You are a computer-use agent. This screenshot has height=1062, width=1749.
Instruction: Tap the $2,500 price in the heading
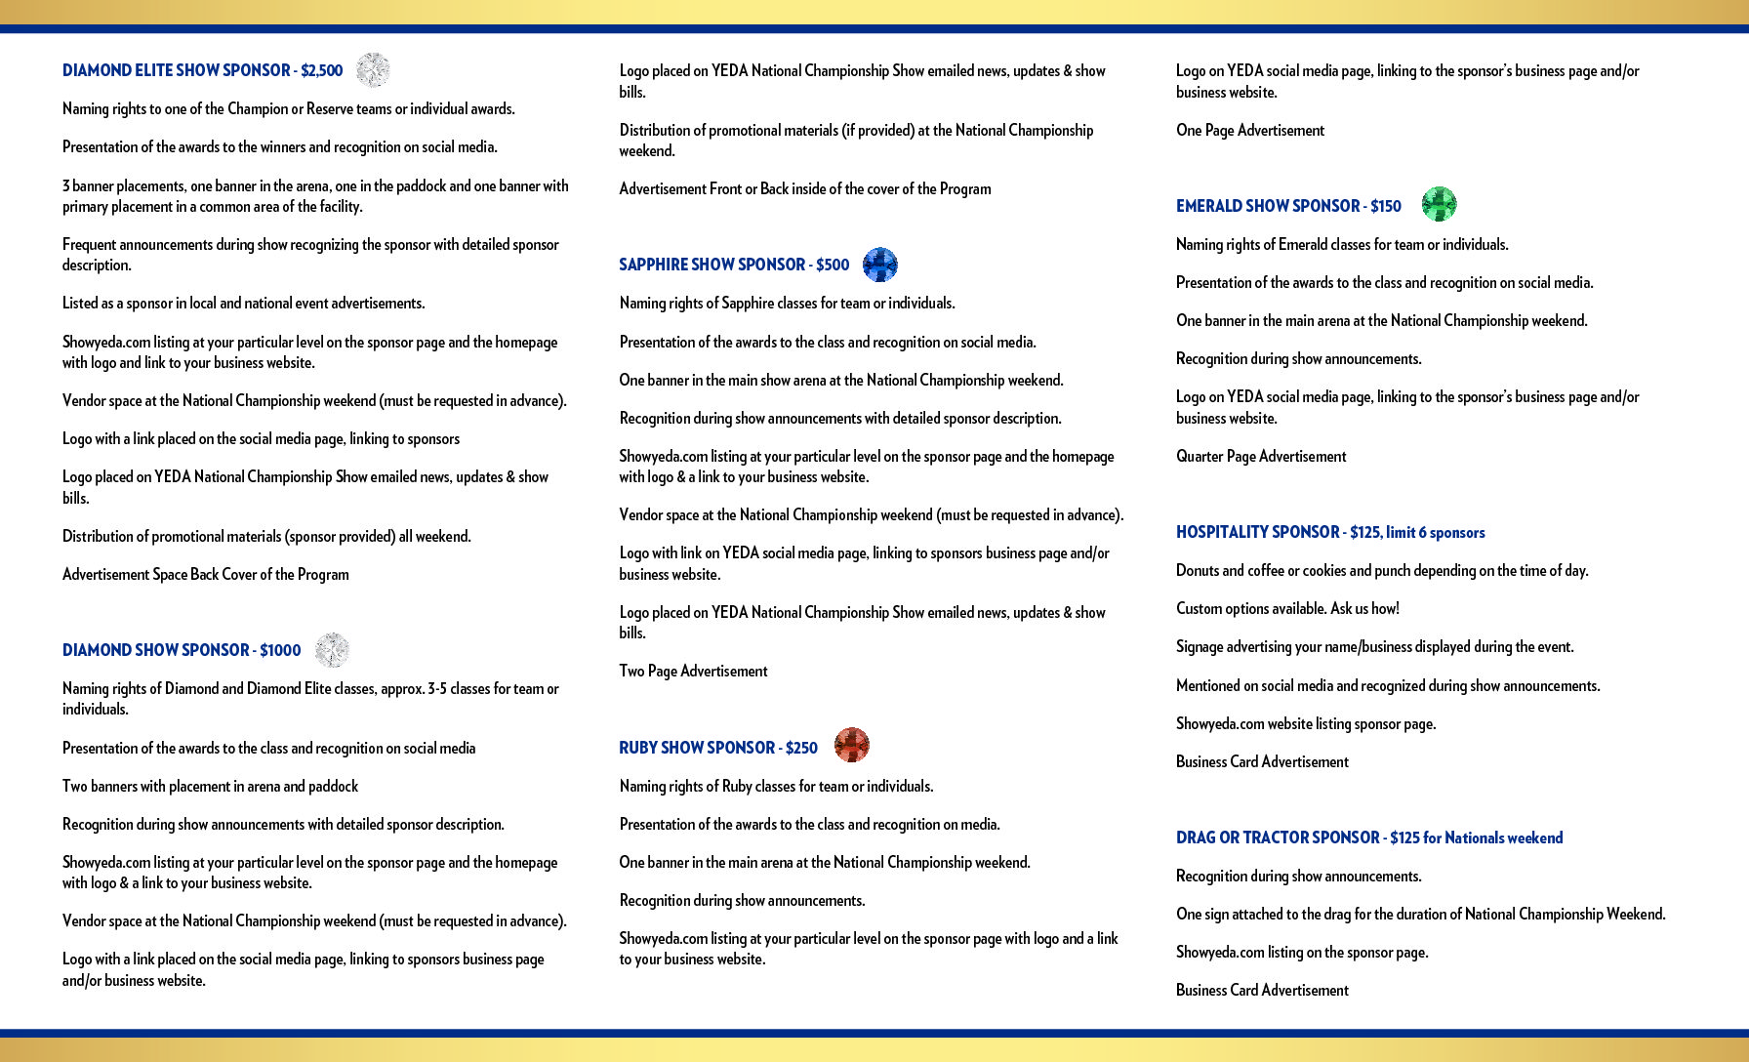322,70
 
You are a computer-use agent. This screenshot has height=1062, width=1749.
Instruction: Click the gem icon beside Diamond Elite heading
373,70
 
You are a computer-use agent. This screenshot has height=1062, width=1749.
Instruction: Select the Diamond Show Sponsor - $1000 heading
182,650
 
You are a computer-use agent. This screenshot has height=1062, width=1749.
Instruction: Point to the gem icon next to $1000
332,650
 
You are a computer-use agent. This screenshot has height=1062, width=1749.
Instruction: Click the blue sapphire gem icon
880,265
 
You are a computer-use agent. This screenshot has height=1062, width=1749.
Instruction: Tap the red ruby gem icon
852,745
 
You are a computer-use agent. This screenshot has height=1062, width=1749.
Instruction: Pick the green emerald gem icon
1439,204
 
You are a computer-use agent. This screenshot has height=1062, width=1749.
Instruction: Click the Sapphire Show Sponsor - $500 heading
734,265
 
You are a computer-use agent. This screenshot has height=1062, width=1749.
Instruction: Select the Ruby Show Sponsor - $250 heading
718,748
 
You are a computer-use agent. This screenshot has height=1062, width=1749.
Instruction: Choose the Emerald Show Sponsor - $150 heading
1288,206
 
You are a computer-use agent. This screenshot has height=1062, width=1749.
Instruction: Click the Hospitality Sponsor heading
1330,532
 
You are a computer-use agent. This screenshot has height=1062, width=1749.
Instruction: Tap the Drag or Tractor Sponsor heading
1369,837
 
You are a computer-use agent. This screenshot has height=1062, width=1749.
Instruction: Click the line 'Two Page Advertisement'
693,672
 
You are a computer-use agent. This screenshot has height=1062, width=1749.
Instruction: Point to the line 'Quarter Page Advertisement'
1261,457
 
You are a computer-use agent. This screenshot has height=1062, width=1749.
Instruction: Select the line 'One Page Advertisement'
1250,131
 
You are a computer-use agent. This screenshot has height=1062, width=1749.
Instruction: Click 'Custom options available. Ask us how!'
1287,609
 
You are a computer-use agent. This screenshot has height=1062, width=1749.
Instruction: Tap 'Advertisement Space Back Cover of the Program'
206,575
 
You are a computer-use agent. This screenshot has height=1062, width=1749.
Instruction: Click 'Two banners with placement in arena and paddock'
210,787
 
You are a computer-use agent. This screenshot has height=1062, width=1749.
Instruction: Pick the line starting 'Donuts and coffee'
1382,571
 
